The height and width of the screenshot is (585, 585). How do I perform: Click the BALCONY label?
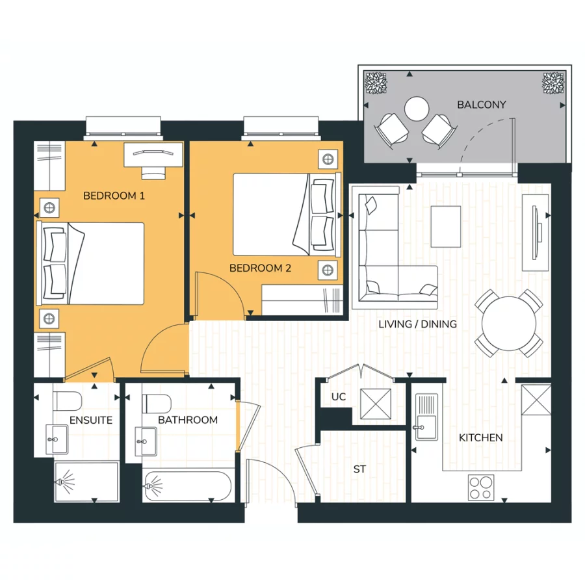481,105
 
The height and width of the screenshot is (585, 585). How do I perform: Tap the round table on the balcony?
417,108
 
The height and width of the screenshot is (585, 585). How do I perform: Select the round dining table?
509,322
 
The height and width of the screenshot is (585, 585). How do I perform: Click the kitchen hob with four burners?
481,487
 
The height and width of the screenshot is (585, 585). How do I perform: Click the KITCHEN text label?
480,438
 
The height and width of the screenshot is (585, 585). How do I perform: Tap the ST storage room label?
359,469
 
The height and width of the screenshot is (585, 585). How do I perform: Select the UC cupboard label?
338,396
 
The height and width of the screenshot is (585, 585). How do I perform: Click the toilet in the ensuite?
67,400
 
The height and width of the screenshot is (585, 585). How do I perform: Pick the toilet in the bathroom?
155,400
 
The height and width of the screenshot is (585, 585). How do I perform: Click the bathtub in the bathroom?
187,486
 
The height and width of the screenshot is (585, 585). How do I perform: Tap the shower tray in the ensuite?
86,482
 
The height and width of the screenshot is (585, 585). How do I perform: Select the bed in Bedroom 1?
91,263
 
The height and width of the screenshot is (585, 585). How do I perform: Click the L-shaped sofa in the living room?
383,260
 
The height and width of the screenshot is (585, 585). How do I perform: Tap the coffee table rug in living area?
446,226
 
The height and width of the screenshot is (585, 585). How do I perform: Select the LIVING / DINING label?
417,324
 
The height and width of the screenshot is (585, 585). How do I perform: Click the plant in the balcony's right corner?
553,83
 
